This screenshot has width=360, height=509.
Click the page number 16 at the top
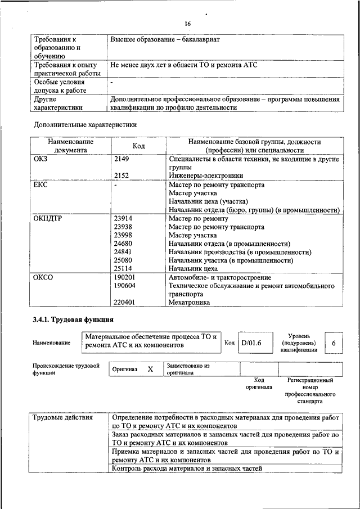[187, 24]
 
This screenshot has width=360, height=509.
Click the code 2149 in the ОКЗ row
[121, 160]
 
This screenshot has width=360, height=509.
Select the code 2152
[121, 176]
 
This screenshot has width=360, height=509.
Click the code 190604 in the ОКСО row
[125, 286]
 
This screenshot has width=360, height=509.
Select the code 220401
[125, 302]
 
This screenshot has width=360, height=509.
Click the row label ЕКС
[42, 185]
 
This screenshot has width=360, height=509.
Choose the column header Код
[138, 146]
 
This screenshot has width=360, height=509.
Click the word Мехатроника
[190, 302]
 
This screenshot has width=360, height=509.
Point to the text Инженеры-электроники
[206, 176]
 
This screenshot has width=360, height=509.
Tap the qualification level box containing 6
[334, 343]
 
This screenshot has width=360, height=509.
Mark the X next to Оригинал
[150, 369]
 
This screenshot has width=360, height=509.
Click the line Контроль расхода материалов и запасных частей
[187, 469]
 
